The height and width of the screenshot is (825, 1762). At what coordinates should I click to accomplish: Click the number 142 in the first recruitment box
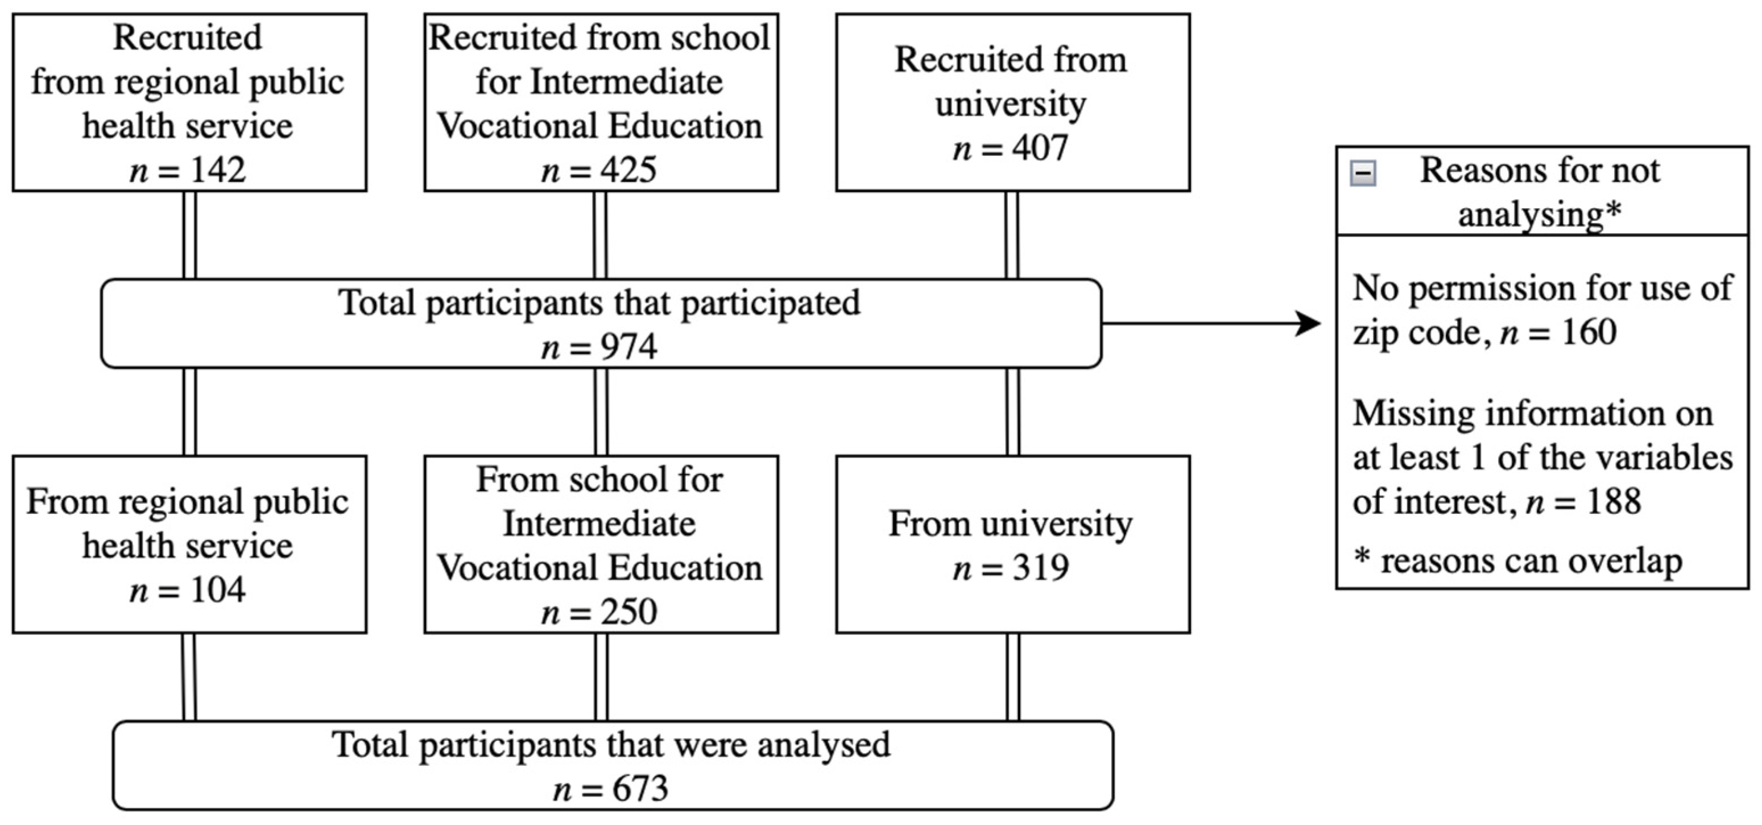(217, 170)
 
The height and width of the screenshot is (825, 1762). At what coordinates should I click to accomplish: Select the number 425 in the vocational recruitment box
(628, 170)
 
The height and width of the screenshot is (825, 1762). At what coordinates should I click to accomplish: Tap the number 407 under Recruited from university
(1040, 148)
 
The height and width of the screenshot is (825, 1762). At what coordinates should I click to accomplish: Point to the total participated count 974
(628, 347)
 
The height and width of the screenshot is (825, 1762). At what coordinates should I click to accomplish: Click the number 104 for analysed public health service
(217, 589)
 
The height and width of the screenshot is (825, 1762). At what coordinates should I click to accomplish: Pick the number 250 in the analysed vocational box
(628, 612)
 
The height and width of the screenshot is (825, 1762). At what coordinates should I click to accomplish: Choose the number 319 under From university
(1040, 568)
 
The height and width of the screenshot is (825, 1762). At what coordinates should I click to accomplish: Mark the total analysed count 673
(640, 789)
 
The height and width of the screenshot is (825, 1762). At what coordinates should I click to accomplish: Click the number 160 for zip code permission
(1589, 332)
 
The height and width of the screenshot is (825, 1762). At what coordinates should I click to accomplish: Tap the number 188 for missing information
(1614, 501)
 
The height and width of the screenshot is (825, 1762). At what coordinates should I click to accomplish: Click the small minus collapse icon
(1363, 173)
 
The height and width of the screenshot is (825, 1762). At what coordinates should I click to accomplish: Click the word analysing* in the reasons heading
(1540, 214)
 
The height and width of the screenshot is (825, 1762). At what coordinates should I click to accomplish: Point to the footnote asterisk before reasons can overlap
(1361, 558)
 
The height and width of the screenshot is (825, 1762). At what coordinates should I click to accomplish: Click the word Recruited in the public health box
(188, 37)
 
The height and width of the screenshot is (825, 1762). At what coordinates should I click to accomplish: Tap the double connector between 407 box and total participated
(1012, 234)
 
